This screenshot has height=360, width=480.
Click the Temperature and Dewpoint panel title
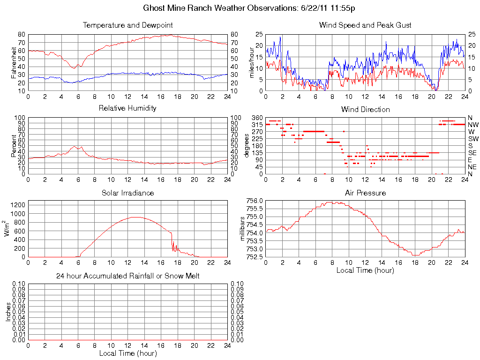tap(127, 25)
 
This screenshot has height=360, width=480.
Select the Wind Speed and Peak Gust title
tap(365, 25)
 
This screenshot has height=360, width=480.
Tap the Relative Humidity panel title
tap(127, 108)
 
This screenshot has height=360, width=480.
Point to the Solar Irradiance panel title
tap(127, 193)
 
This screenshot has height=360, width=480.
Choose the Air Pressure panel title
tap(365, 193)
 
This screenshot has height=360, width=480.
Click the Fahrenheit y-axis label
tap(14, 62)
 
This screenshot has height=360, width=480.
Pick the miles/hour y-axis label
tap(252, 62)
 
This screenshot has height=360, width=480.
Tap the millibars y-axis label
tap(243, 229)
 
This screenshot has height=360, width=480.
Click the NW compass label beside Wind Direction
tap(473, 125)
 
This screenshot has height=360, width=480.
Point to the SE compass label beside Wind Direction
tap(472, 153)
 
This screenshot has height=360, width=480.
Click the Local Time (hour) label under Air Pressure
tap(365, 270)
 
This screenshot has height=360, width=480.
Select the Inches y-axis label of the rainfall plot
tap(8, 312)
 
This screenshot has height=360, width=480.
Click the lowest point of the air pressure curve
tap(415, 255)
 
